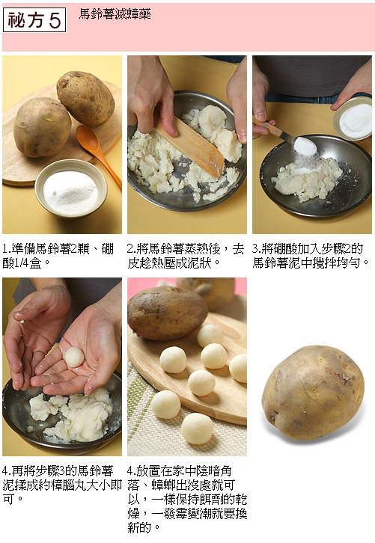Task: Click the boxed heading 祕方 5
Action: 34,20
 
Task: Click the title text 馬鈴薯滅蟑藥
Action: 115,14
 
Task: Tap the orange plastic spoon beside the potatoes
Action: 98,152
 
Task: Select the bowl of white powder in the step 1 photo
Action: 70,188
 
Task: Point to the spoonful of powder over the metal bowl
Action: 305,146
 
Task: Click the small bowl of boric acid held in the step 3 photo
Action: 353,118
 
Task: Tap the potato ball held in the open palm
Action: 75,357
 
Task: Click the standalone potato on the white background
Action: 313,393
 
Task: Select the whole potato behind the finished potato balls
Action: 167,313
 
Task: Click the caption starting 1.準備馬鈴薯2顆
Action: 58,256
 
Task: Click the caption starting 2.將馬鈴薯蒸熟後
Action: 186,256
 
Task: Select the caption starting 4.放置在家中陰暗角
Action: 187,499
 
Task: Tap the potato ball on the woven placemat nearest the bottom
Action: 197,429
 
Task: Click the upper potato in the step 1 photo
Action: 85,98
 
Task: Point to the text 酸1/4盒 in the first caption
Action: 22,263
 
